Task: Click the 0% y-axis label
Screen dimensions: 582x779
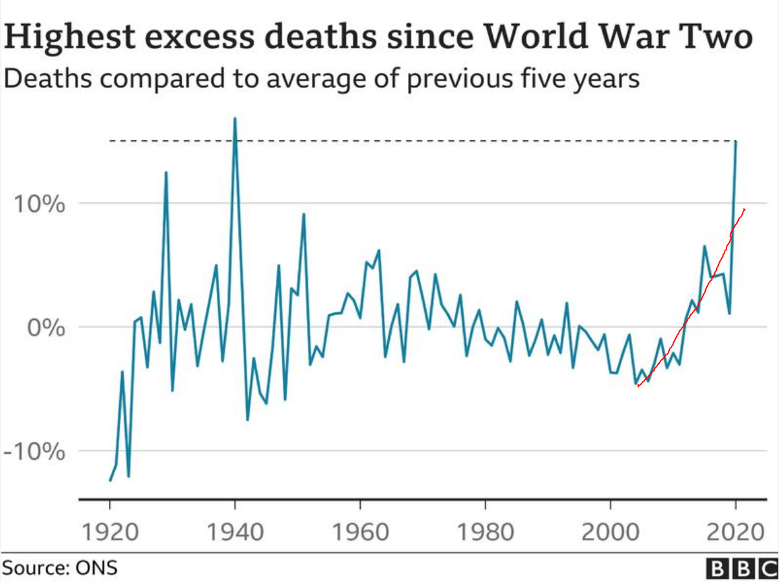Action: [x=47, y=327]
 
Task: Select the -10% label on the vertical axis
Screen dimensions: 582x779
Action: [x=34, y=451]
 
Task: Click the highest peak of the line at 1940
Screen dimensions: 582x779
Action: [x=235, y=118]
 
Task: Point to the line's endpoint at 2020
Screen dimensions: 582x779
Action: [x=736, y=141]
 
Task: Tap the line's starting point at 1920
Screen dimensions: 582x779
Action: [x=110, y=480]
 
